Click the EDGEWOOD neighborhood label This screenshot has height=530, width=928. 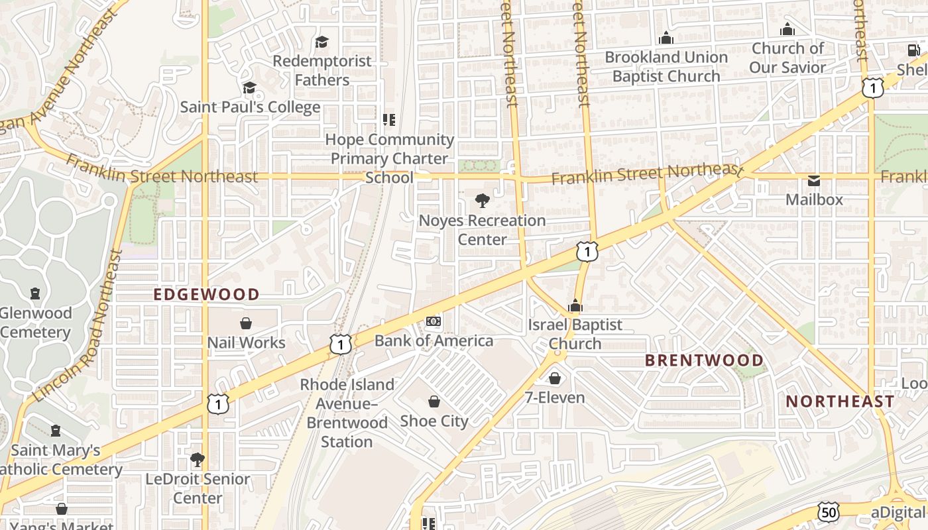click(207, 294)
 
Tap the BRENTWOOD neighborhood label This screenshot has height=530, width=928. click(704, 360)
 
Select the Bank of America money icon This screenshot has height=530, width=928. click(434, 322)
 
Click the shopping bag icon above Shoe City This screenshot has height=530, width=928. click(434, 401)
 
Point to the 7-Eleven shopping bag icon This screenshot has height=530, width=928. click(555, 378)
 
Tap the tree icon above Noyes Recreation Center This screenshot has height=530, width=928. click(483, 201)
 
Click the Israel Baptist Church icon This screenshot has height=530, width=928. click(575, 305)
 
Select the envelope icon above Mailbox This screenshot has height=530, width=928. click(814, 180)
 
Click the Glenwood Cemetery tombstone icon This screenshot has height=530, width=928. click(35, 293)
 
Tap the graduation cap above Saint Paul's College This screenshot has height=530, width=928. click(249, 87)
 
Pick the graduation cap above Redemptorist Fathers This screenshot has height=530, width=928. click(321, 42)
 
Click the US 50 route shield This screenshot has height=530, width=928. click(829, 511)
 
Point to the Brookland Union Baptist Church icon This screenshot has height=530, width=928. click(666, 38)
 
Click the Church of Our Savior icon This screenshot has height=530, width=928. click(787, 29)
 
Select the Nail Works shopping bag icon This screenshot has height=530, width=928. click(246, 323)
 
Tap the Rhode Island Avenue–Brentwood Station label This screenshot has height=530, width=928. click(347, 413)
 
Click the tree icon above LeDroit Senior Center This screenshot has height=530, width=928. click(197, 459)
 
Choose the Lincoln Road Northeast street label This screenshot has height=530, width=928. click(77, 327)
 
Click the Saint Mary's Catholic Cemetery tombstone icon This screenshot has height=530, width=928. click(56, 431)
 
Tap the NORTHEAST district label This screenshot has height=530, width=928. click(840, 401)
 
